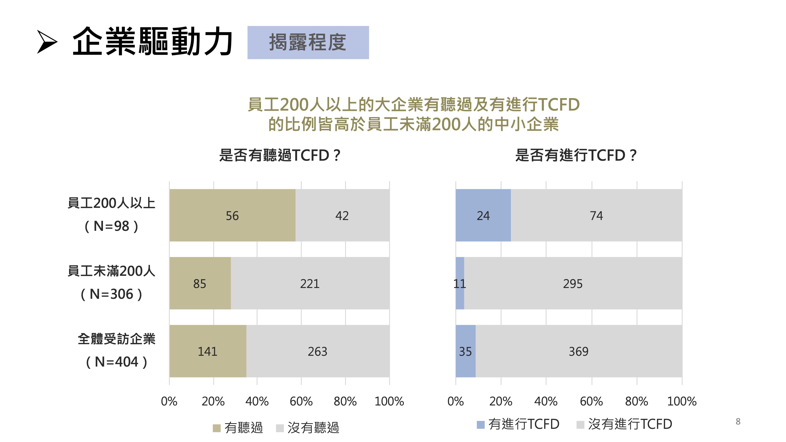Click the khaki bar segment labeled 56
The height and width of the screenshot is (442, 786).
coord(232,215)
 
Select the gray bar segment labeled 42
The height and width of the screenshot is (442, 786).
coord(342,215)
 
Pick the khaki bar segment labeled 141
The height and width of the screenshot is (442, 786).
coord(208,351)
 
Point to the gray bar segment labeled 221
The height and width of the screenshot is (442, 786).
coord(310,283)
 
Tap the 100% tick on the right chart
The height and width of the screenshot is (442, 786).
coord(682,401)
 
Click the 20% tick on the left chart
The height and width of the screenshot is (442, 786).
coord(213,401)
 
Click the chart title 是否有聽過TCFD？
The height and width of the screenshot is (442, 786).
coord(279,155)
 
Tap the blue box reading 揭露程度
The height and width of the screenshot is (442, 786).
coord(308,42)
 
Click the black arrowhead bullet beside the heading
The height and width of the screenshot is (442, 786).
coord(47,42)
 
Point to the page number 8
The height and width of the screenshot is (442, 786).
coord(738,421)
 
